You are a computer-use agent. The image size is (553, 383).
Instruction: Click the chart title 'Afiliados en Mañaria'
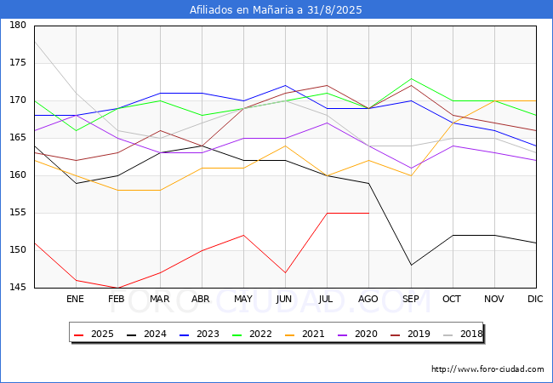tap(276, 10)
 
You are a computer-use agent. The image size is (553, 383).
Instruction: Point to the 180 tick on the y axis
tap(18, 26)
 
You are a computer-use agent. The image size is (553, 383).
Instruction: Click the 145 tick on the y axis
tap(18, 288)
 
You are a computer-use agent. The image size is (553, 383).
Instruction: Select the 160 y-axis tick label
tap(18, 175)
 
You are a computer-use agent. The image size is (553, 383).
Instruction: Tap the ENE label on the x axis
tap(75, 300)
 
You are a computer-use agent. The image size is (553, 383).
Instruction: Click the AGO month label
tap(368, 300)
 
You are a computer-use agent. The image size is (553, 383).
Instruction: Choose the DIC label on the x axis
tap(535, 300)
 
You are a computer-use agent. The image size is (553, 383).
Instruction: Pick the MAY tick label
tap(242, 300)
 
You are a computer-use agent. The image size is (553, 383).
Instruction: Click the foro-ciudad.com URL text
tap(487, 369)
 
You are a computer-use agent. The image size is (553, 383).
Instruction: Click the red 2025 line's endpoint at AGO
tap(368, 213)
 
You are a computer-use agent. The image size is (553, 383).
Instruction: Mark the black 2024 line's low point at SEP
tap(410, 265)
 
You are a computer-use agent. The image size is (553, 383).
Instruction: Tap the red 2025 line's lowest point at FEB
tap(117, 288)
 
